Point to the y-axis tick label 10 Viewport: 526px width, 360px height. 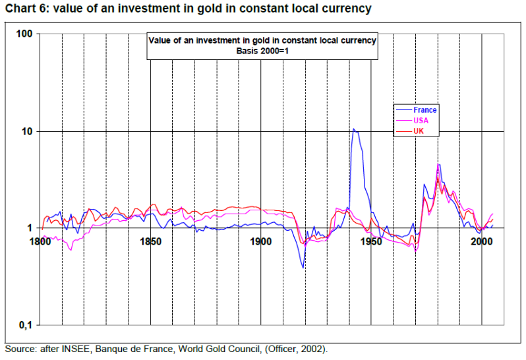[x=26, y=131]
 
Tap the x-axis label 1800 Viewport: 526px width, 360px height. [x=41, y=241]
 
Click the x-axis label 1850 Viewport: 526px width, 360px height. [x=151, y=241]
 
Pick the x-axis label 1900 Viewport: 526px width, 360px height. [x=261, y=241]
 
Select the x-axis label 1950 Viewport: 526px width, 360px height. [x=371, y=241]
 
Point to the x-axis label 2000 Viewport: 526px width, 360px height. [x=481, y=241]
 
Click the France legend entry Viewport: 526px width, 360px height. [x=425, y=110]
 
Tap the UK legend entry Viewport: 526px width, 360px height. [x=419, y=132]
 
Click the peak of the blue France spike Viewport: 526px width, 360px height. [x=354, y=129]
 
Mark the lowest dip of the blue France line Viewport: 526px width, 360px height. [x=303, y=267]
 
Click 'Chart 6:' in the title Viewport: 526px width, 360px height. [x=27, y=9]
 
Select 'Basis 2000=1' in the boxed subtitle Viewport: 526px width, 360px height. [x=262, y=51]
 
